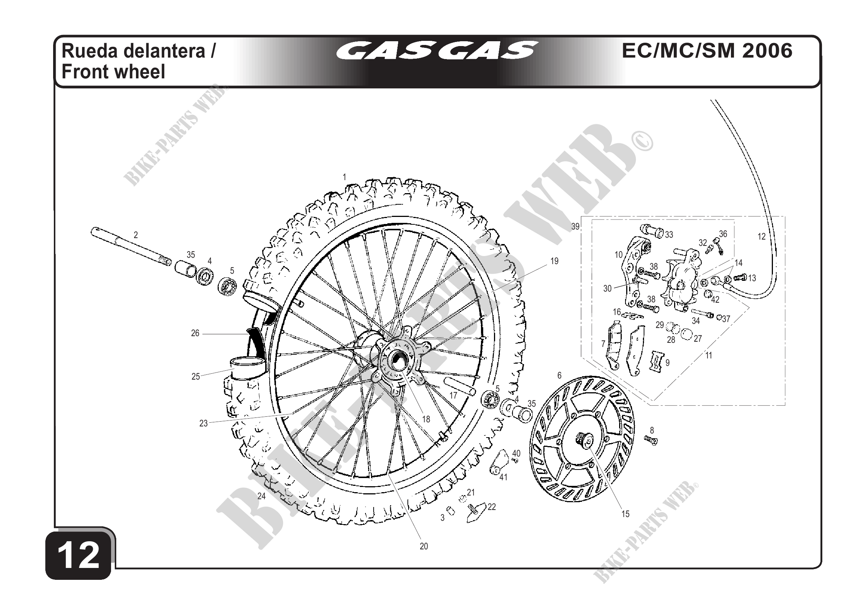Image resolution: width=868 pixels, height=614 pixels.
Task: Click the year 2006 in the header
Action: [x=767, y=51]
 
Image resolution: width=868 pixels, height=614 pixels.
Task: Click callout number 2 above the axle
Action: [x=136, y=235]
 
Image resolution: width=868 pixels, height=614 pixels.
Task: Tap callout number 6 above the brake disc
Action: [x=559, y=376]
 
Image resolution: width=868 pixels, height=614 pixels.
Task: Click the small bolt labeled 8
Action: [x=651, y=439]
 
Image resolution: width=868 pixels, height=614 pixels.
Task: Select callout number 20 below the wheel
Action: [x=423, y=546]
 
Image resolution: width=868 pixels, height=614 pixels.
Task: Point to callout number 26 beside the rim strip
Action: [x=195, y=334]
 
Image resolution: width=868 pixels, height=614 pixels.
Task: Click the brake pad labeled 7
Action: [x=613, y=346]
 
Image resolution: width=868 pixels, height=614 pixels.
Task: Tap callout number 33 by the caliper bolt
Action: [x=669, y=235]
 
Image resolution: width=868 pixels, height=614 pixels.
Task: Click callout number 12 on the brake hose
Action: [x=761, y=237]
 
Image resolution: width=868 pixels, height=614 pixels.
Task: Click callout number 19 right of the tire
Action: [x=554, y=261]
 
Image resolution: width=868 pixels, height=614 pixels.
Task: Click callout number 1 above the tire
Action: [x=344, y=177]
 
